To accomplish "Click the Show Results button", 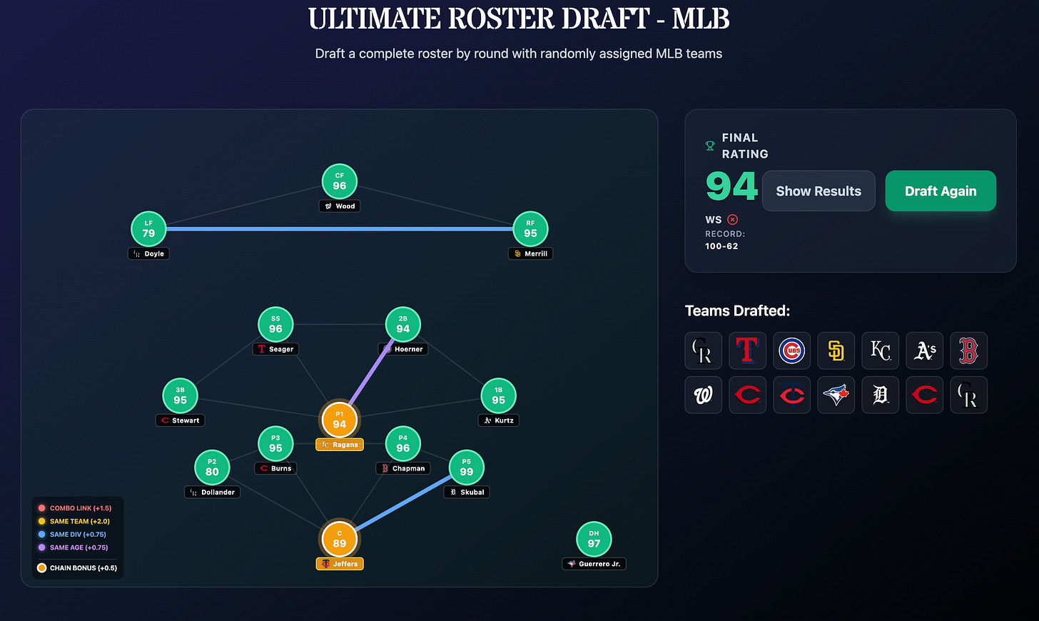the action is (818, 191).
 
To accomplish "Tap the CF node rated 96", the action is (340, 181).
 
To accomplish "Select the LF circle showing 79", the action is (148, 229).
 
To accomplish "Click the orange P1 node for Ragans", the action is (340, 420).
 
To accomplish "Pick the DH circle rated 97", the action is (594, 539).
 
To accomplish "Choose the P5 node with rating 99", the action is (466, 468).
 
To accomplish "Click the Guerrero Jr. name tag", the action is (594, 564).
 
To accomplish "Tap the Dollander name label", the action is (213, 492).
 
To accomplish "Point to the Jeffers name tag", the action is (340, 564).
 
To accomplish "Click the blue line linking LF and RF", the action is (340, 229).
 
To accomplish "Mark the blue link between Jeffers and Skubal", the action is (404, 503).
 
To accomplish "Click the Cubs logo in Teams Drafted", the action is (792, 350).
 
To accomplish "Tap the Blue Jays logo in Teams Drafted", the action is (836, 395).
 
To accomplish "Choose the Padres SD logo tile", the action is (836, 350).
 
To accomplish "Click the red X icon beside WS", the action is (732, 220).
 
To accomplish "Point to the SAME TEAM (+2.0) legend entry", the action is (75, 521).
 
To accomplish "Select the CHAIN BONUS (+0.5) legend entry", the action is (78, 567).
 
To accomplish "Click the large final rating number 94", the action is (731, 186).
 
